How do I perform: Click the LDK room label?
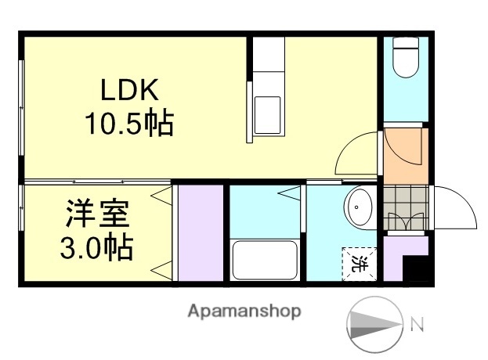click(x=130, y=90)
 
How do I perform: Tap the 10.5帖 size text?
click(x=129, y=123)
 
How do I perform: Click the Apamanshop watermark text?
click(x=244, y=311)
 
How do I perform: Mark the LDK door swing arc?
click(x=356, y=154)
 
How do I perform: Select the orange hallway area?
click(x=404, y=154)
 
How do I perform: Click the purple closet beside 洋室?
click(x=201, y=232)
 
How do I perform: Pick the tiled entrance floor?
click(x=406, y=207)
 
